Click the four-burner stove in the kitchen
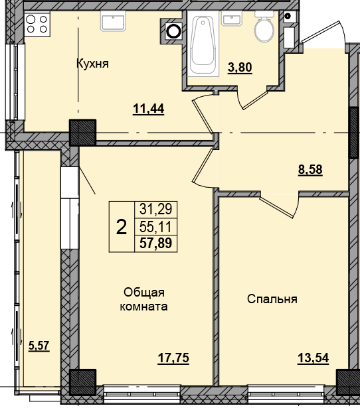click(37, 25)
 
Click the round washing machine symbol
click(174, 31)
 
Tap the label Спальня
click(272, 299)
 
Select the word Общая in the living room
click(143, 293)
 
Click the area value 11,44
click(149, 109)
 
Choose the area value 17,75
click(174, 358)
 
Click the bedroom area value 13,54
click(312, 358)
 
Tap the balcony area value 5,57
click(39, 345)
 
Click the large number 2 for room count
click(121, 228)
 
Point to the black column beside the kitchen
click(82, 133)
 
